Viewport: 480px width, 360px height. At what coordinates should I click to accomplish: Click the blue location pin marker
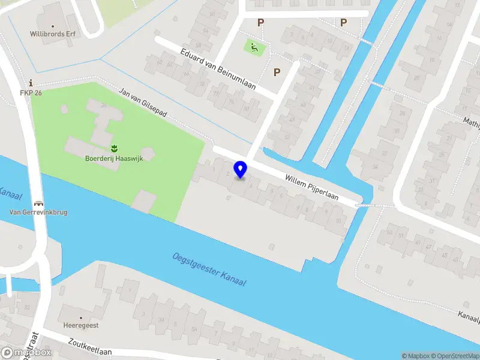tap(240, 170)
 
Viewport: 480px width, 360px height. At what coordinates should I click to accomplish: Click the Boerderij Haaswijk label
tap(113, 158)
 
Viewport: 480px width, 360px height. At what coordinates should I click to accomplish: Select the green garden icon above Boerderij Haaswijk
tap(113, 148)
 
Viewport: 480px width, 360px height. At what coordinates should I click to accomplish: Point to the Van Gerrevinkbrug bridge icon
tap(38, 203)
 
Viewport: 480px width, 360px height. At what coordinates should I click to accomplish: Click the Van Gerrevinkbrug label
tap(38, 212)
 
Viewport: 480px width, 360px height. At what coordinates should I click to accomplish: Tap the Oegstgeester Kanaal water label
tap(209, 269)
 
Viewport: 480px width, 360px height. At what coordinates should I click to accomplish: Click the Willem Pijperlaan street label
tap(312, 187)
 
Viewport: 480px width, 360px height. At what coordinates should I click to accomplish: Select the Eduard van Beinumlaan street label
tap(218, 69)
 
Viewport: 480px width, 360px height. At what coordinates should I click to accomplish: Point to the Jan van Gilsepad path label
tap(143, 102)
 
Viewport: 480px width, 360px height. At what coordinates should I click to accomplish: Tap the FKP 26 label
tap(31, 92)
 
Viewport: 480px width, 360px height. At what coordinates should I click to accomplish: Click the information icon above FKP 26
tap(31, 83)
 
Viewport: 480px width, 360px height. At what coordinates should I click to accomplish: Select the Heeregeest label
tap(80, 325)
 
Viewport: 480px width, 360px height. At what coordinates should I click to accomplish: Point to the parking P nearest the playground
tap(260, 23)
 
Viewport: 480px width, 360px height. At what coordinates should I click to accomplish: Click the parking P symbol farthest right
tap(343, 23)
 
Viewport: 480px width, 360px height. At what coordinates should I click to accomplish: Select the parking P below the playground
tap(277, 72)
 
